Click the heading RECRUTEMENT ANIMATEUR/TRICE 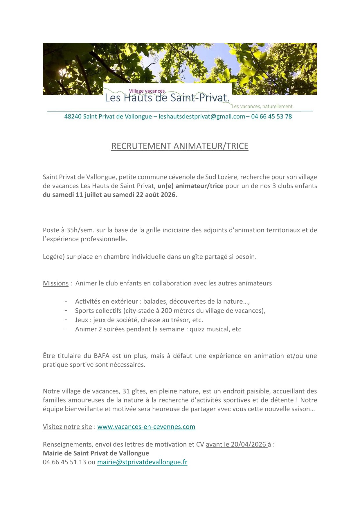(180, 146)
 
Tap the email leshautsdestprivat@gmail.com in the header (202, 116)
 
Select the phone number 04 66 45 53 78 (271, 116)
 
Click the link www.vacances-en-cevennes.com (146, 427)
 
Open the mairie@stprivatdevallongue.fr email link (142, 462)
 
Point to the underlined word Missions (55, 283)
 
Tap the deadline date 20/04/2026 (249, 444)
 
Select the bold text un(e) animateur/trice (190, 186)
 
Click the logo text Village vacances (147, 91)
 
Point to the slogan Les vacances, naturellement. (262, 107)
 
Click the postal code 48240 (73, 116)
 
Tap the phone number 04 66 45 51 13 (64, 462)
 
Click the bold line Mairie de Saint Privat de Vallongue (96, 453)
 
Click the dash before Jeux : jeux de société (66, 320)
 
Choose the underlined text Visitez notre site (67, 427)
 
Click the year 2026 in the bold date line (169, 195)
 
